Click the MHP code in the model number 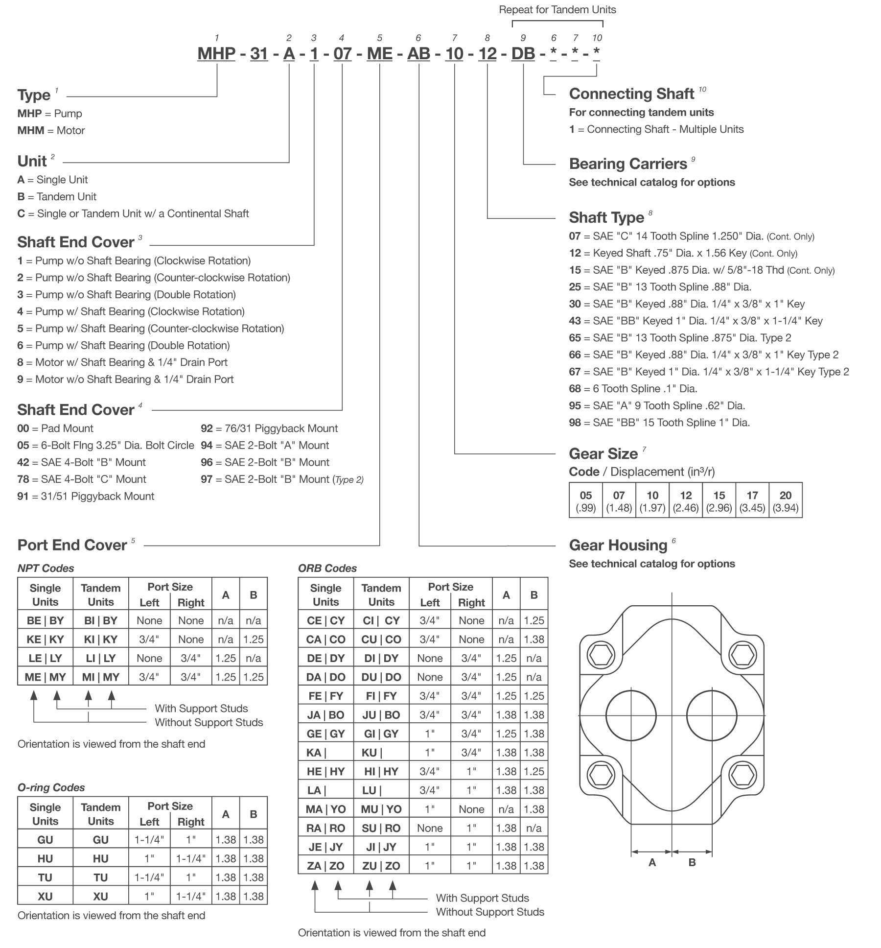[216, 53]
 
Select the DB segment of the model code [523, 53]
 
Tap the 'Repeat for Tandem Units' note [557, 10]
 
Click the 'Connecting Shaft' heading [631, 94]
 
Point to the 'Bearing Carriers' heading [628, 164]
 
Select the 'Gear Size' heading [603, 453]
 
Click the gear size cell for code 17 [752, 501]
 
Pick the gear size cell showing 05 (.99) [585, 501]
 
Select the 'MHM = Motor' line [51, 130]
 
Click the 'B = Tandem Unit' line [57, 196]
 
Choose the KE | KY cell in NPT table [45, 639]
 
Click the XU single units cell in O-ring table [45, 896]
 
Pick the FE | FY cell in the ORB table [325, 696]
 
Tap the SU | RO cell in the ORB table [381, 828]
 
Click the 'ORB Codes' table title [327, 568]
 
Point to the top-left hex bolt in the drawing [600, 655]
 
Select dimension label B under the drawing [692, 862]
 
